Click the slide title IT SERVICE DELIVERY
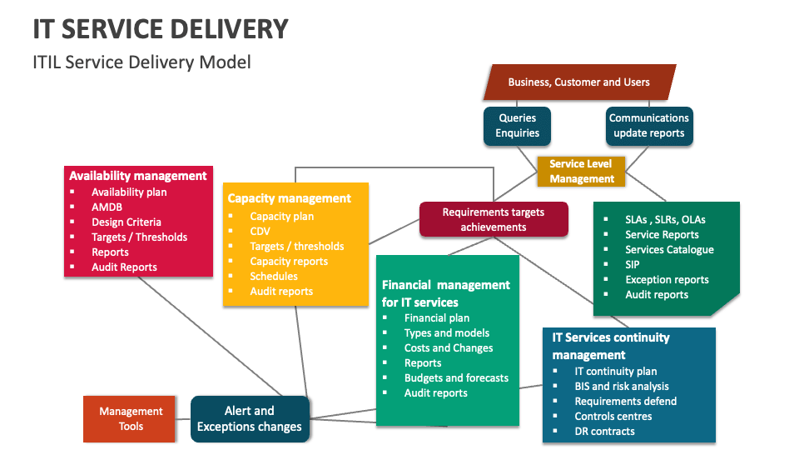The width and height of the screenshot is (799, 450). coord(161,28)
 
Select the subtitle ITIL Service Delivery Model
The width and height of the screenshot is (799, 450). coord(141,62)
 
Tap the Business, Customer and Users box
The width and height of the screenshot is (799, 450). coord(578,82)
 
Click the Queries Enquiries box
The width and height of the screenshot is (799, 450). coord(517,126)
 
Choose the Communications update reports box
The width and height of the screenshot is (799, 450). coord(648,126)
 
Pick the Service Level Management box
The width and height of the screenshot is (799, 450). coord(582,172)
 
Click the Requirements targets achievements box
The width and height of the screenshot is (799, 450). coord(493,219)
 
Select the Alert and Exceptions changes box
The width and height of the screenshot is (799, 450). coord(250,419)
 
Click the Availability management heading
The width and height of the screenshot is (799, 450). coord(138,176)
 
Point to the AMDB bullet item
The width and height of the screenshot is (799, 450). coord(107,207)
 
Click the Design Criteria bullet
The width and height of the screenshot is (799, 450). coord(127,222)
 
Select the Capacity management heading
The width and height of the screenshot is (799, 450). coord(289,198)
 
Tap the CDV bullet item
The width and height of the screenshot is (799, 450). coord(261,231)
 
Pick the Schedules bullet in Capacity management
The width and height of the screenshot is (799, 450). coord(274,276)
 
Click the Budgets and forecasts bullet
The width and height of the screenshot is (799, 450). coord(456,377)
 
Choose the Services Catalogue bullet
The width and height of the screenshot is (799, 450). coord(669,249)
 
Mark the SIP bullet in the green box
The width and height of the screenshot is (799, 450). coord(633,264)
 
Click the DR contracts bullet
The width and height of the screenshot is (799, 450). coord(604,431)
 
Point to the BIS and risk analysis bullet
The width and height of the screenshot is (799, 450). coord(622,386)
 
